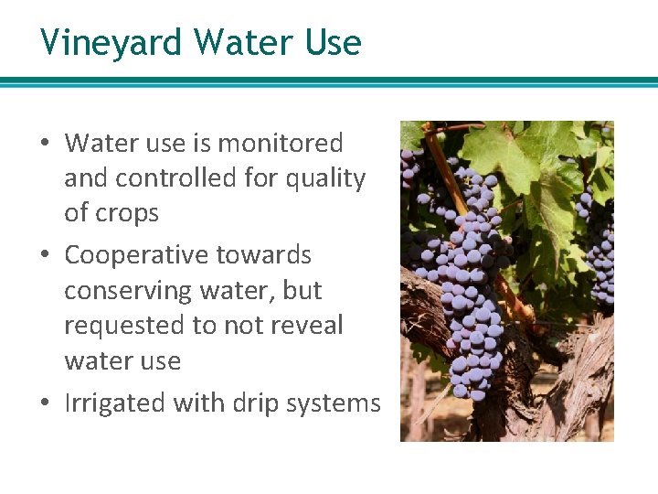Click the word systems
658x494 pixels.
pos(337,403)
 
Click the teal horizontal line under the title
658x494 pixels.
pos(329,82)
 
